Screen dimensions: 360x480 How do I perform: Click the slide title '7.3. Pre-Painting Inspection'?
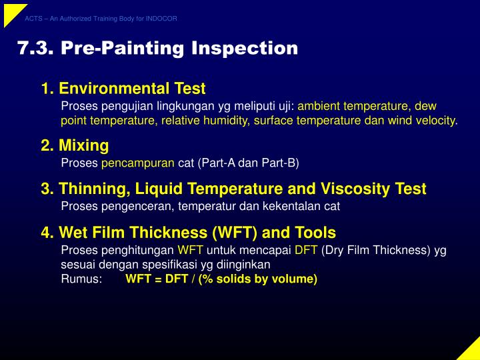click(157, 49)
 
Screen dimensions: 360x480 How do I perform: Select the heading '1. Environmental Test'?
click(123, 89)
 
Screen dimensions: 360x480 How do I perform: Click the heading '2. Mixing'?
click(74, 145)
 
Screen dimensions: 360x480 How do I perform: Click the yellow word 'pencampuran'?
click(138, 163)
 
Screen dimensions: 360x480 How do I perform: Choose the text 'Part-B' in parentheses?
click(279, 163)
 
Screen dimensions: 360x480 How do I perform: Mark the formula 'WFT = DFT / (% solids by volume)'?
click(221, 279)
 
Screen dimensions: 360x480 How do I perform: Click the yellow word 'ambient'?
click(319, 106)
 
